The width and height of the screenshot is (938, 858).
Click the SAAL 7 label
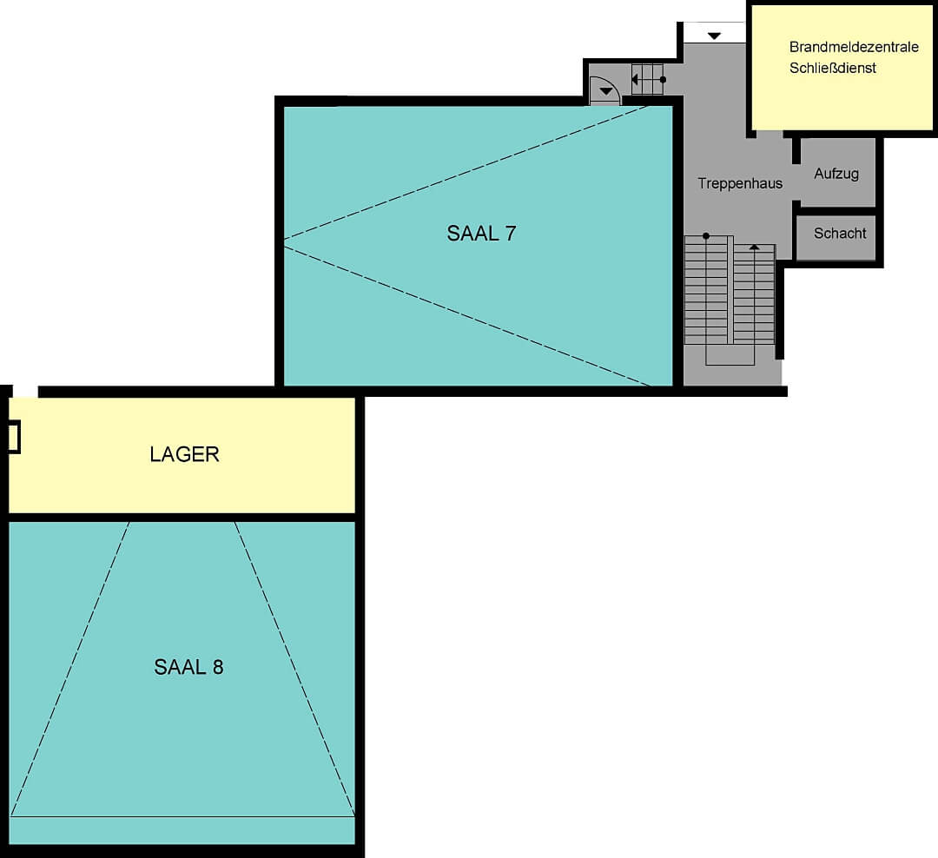481,234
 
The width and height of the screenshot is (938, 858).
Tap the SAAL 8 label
188,667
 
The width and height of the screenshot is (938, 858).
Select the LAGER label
184,455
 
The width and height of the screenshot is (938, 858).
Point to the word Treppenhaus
740,184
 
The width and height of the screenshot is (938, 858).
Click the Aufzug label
836,174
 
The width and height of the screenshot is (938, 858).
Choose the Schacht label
840,234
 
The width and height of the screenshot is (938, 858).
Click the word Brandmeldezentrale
854,47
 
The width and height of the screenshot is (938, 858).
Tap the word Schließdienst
833,68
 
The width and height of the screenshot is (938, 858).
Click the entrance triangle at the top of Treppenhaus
714,36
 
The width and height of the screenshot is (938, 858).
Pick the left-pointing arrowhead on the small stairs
635,80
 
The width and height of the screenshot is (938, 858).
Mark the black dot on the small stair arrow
663,80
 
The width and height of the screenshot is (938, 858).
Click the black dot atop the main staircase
706,235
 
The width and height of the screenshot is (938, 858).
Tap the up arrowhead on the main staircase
755,247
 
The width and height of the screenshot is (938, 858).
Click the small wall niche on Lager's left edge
14,437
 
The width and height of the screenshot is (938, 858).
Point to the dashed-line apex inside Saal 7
285,240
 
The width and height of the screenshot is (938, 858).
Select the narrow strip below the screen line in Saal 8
182,830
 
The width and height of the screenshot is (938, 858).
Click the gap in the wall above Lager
25,392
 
